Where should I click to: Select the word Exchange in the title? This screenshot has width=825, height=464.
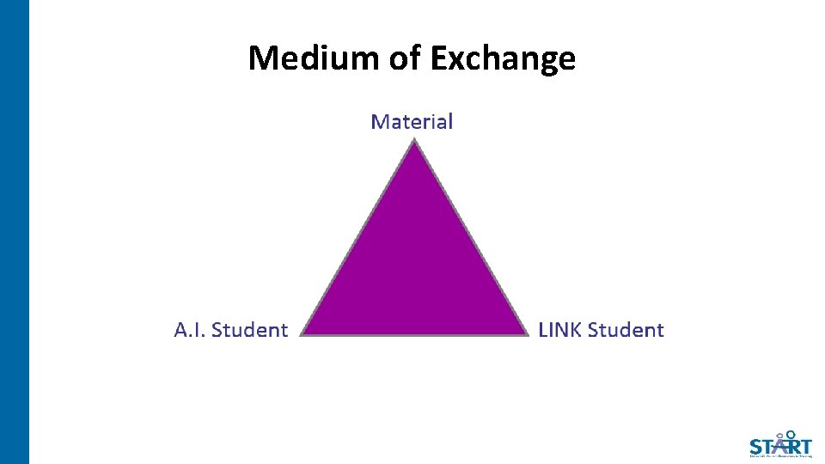[x=503, y=58]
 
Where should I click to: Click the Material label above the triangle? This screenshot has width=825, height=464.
[x=412, y=122]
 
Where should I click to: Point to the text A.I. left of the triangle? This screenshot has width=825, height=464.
[x=190, y=330]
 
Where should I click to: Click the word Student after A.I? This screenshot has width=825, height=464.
[x=249, y=330]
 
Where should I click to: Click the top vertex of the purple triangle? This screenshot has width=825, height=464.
[x=414, y=142]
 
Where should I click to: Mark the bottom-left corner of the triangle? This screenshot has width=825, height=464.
[x=302, y=334]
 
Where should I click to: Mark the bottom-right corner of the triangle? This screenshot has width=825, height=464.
[x=527, y=334]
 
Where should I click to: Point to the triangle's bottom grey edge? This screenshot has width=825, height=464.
[x=414, y=334]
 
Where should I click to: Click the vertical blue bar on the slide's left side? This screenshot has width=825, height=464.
[x=15, y=232]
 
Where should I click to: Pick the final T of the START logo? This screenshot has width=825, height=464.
[x=804, y=447]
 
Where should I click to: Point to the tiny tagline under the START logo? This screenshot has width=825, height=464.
[x=780, y=457]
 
